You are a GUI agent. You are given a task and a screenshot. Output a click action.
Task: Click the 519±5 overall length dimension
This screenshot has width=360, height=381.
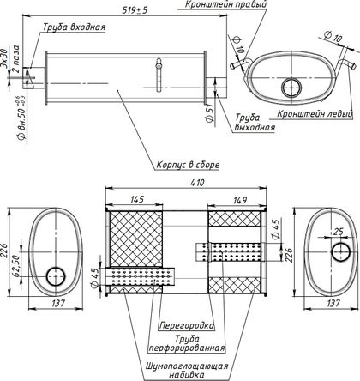135,10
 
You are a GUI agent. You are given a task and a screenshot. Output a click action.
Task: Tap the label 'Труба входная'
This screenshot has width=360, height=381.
75,27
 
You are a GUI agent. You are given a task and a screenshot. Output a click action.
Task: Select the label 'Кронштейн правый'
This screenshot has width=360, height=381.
226,4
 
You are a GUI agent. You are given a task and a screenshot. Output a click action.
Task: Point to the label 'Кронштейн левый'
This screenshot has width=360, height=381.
315,113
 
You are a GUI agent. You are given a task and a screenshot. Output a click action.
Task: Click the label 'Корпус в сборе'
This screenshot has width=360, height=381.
188,165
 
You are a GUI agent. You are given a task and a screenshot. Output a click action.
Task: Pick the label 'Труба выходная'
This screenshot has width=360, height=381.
255,122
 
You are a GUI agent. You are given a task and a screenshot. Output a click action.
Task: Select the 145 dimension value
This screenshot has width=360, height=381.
137,199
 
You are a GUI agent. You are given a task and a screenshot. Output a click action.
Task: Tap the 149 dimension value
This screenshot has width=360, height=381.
240,200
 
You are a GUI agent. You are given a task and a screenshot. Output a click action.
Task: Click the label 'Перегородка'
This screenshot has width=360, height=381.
187,325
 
